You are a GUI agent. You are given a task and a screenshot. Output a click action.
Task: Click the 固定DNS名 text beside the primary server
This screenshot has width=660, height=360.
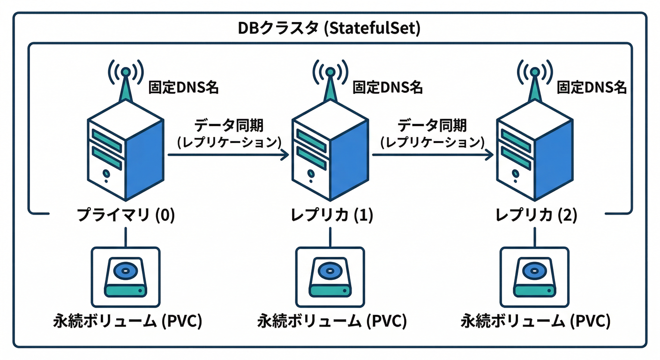(x=183, y=87)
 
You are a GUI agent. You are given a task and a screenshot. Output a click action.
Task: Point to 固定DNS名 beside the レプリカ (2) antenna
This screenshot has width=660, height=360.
(x=592, y=87)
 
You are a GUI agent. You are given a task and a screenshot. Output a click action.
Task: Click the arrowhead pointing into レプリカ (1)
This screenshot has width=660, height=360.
(x=285, y=155)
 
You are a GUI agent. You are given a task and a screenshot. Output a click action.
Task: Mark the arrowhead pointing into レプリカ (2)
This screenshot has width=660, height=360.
(x=489, y=155)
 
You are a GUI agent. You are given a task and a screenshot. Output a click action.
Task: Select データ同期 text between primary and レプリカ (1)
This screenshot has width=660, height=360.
(x=228, y=125)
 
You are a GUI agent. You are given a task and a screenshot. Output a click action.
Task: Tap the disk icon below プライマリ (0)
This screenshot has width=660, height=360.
(x=125, y=277)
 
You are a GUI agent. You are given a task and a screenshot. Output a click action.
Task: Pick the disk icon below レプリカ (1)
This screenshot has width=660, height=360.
(x=330, y=277)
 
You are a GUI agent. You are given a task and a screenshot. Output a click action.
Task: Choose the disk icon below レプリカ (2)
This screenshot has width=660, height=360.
(x=534, y=277)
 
